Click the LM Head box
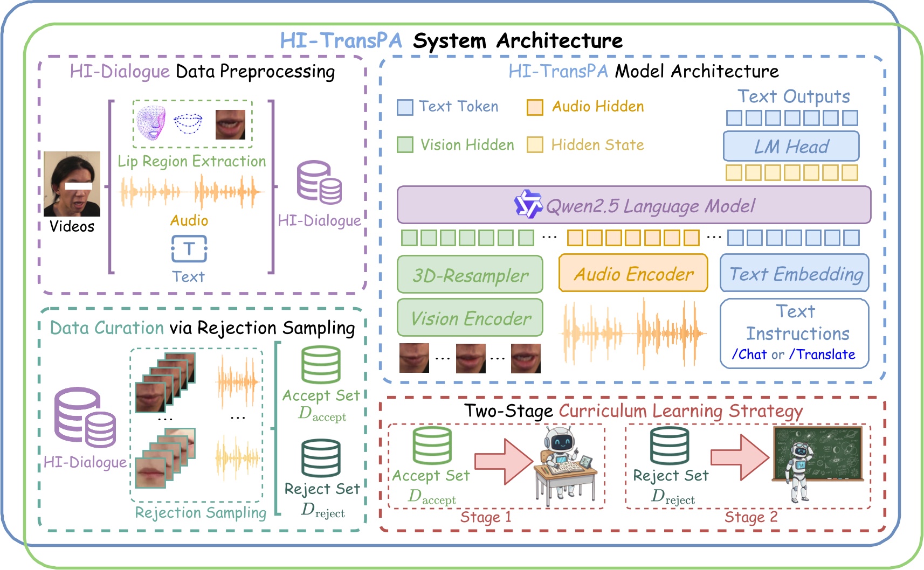pyautogui.click(x=791, y=146)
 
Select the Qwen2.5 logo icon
pyautogui.click(x=527, y=204)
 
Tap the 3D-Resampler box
pyautogui.click(x=470, y=275)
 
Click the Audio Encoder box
pyautogui.click(x=633, y=274)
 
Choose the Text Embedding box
pyautogui.click(x=795, y=274)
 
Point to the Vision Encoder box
pyautogui.click(x=470, y=318)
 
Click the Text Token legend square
pyautogui.click(x=405, y=107)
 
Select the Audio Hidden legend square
pyautogui.click(x=534, y=107)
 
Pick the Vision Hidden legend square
pyautogui.click(x=405, y=145)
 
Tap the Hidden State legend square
pyautogui.click(x=534, y=145)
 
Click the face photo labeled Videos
pyautogui.click(x=72, y=184)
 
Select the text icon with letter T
pyautogui.click(x=189, y=249)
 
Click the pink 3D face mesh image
pyautogui.click(x=151, y=123)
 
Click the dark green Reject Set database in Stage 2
pyautogui.click(x=670, y=446)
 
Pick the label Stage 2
pyautogui.click(x=750, y=517)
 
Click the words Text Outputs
pyautogui.click(x=793, y=96)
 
